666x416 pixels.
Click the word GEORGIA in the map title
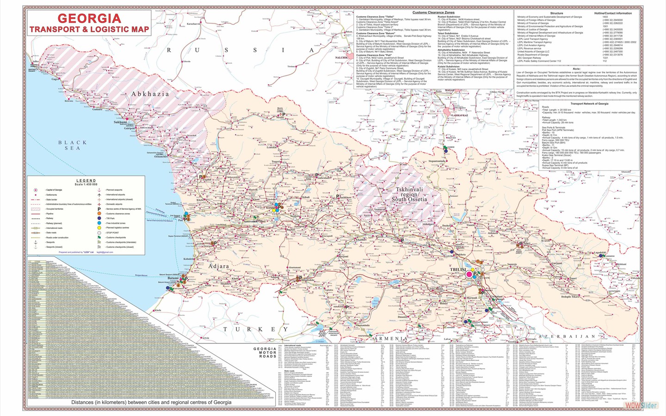89,18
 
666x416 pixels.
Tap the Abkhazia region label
150,94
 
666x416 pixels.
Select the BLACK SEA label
72,145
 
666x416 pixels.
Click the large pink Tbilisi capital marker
469,274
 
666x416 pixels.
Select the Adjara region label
219,266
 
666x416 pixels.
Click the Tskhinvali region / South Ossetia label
409,195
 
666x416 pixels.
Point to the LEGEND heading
86,181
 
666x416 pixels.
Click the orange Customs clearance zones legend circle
99,214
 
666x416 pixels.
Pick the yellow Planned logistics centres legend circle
99,228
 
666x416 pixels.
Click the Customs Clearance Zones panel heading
433,12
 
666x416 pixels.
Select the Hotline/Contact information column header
612,13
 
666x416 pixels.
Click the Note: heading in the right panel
576,69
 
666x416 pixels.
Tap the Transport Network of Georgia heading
589,104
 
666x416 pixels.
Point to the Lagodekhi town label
599,252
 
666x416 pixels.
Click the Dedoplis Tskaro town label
570,297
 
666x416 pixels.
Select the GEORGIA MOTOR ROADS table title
265,353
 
